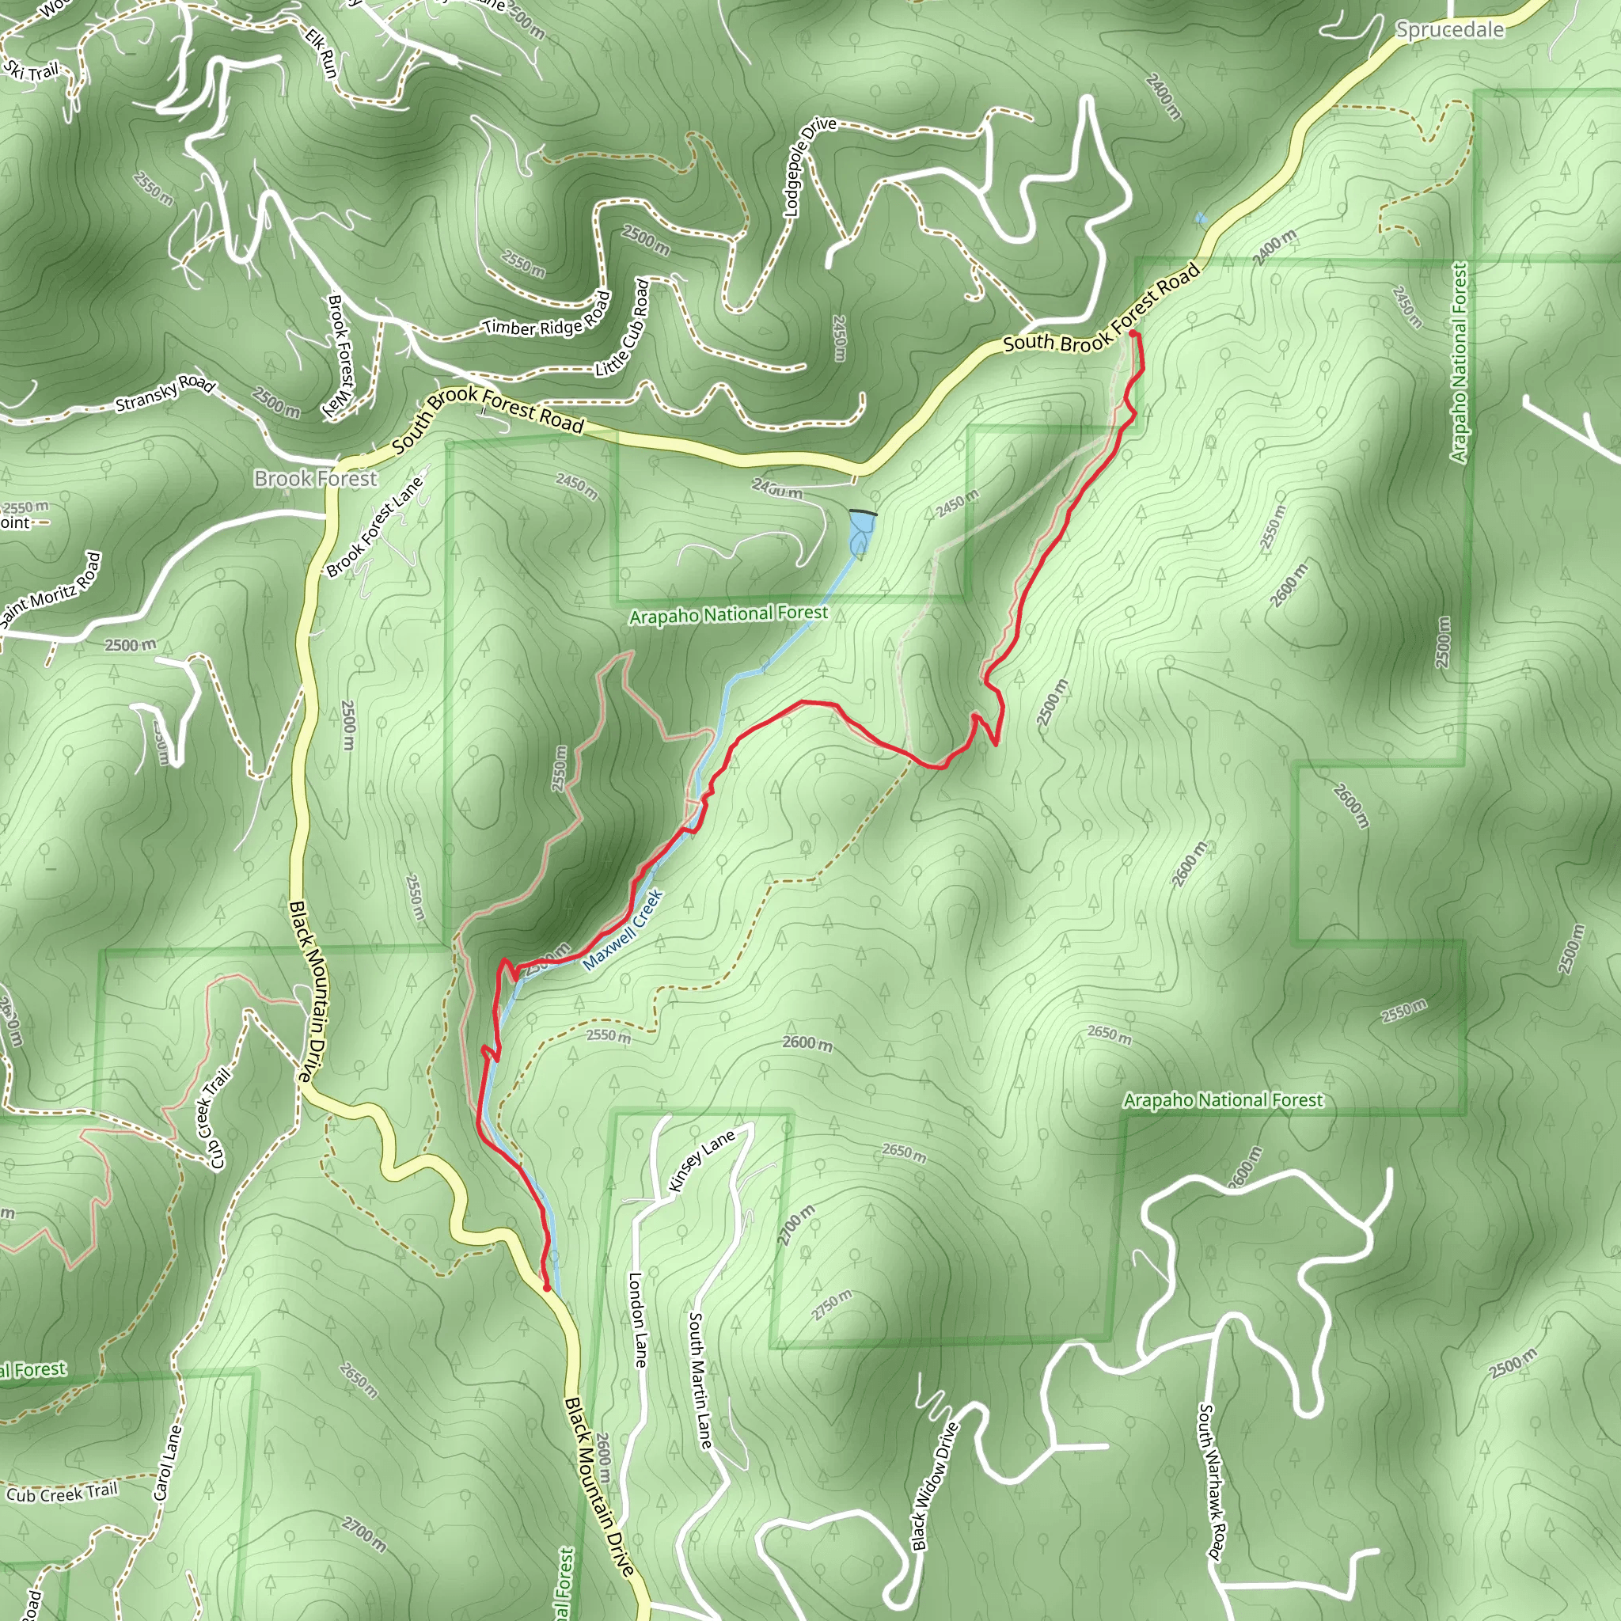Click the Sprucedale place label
pyautogui.click(x=1449, y=30)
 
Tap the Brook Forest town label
pyautogui.click(x=316, y=478)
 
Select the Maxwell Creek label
pyautogui.click(x=623, y=931)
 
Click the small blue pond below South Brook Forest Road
pyautogui.click(x=861, y=532)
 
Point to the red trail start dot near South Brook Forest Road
pyautogui.click(x=1134, y=334)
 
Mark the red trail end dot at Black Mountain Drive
pyautogui.click(x=547, y=1287)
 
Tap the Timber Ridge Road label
pyautogui.click(x=546, y=317)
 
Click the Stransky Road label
pyautogui.click(x=165, y=393)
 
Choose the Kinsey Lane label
pyautogui.click(x=701, y=1161)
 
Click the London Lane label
pyautogui.click(x=638, y=1319)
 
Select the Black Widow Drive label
pyautogui.click(x=934, y=1486)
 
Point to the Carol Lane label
pyautogui.click(x=168, y=1463)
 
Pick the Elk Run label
pyautogui.click(x=321, y=53)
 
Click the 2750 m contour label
pyautogui.click(x=832, y=1304)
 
